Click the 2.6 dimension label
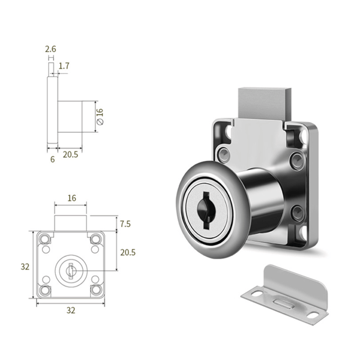(x=50, y=49)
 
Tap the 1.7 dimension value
(x=64, y=66)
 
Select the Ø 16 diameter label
(x=100, y=117)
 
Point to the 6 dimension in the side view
(x=53, y=159)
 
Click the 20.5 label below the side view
(x=70, y=154)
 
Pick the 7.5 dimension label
(x=125, y=224)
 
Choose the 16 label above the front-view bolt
(x=71, y=198)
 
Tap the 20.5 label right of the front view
(x=128, y=252)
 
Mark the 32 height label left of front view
(x=25, y=267)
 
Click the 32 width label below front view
(x=71, y=311)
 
